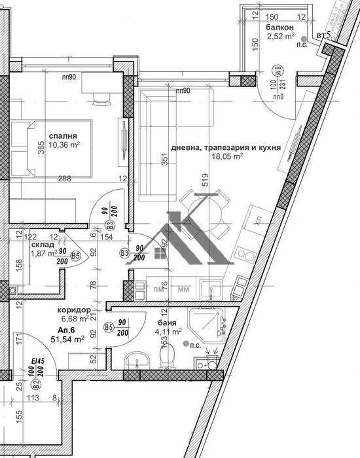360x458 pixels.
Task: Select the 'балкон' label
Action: click(279, 28)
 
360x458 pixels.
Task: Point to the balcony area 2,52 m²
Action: click(279, 37)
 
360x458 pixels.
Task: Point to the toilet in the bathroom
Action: click(167, 357)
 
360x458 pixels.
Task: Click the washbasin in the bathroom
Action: click(135, 360)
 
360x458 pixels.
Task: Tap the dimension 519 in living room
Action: click(205, 179)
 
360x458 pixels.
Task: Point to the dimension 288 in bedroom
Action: click(63, 178)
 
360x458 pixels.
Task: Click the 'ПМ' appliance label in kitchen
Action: click(157, 287)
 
